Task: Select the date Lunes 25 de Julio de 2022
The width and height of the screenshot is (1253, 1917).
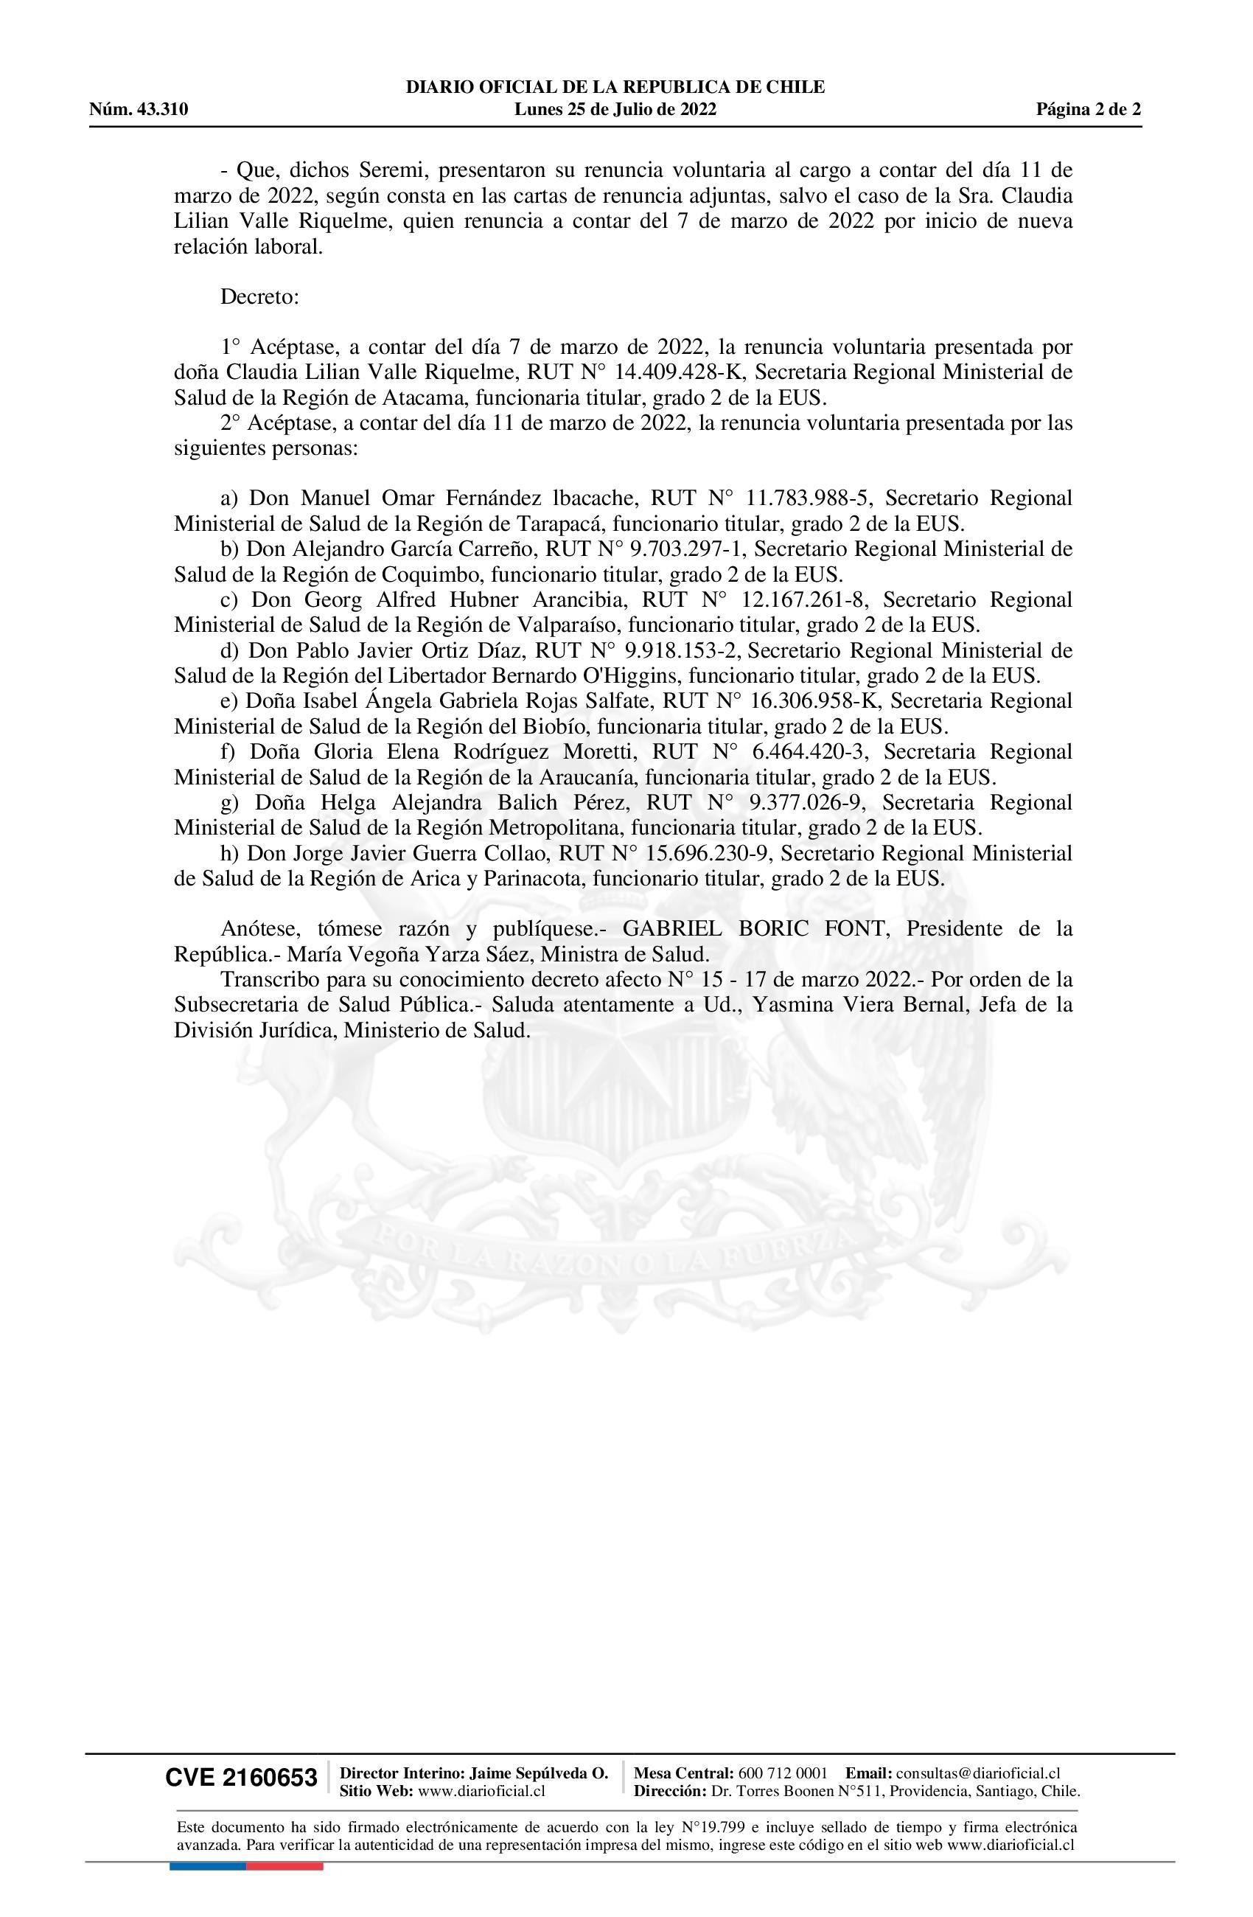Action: pyautogui.click(x=615, y=110)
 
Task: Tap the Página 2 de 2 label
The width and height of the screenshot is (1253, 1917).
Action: pyautogui.click(x=1088, y=110)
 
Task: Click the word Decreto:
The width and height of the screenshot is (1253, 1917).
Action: pyautogui.click(x=259, y=296)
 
